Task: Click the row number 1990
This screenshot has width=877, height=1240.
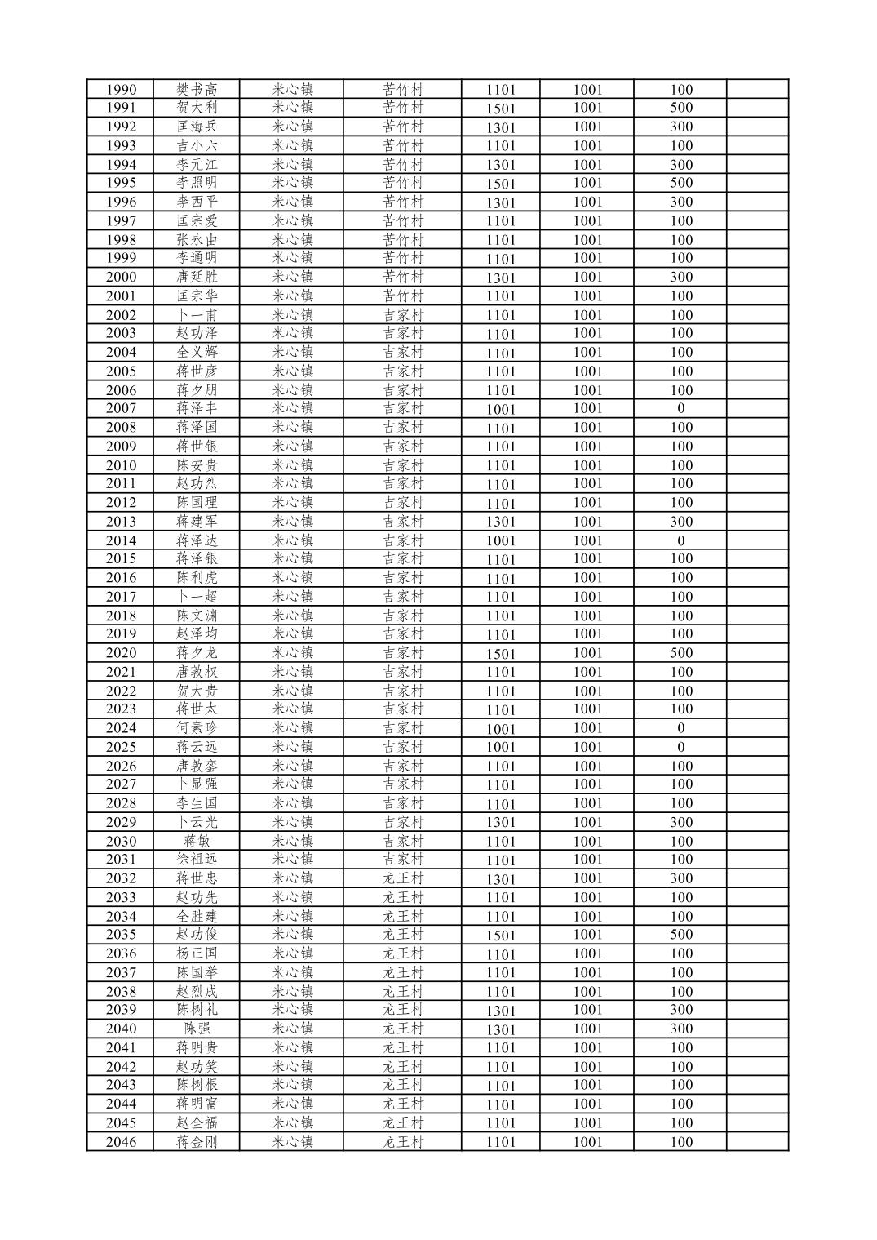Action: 121,90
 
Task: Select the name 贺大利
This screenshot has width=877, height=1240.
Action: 197,108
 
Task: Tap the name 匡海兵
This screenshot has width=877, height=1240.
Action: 197,127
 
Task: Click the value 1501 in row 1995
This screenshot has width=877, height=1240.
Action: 501,184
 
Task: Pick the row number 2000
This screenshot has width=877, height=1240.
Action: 121,277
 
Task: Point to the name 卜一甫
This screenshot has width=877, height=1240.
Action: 197,315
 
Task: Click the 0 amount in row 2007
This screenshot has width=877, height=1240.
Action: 680,408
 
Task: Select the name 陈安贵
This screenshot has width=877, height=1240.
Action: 197,465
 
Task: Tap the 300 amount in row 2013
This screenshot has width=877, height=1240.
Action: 680,522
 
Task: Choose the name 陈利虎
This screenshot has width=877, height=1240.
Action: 197,578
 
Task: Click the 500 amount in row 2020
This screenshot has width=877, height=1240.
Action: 680,653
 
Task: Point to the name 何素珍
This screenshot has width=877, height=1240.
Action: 197,728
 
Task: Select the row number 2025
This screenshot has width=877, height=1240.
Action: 121,747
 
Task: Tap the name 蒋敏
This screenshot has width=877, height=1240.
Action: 197,841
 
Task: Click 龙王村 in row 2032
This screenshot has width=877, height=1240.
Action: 403,878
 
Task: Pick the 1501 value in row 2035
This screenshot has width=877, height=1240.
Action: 501,936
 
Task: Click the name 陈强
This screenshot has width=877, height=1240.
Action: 197,1029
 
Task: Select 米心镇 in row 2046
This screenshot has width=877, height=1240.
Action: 292,1142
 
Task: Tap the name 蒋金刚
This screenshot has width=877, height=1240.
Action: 197,1142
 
